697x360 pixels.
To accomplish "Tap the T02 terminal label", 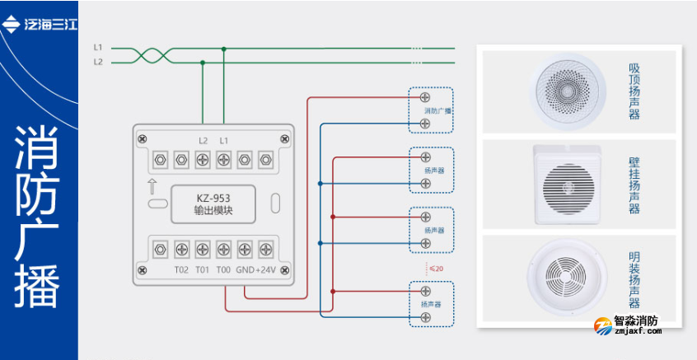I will pos(181,269).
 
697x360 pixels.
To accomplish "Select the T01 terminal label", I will pos(202,269).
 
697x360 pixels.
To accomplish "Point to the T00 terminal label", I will pos(223,269).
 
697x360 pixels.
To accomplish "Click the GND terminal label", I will pos(245,269).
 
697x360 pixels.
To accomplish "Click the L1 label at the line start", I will pos(97,48).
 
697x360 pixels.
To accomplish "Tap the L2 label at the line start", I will pos(97,62).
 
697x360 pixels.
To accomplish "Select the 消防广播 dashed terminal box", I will pos(431,110).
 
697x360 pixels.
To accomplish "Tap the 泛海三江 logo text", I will pos(50,23).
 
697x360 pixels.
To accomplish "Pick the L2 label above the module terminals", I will pos(203,140).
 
